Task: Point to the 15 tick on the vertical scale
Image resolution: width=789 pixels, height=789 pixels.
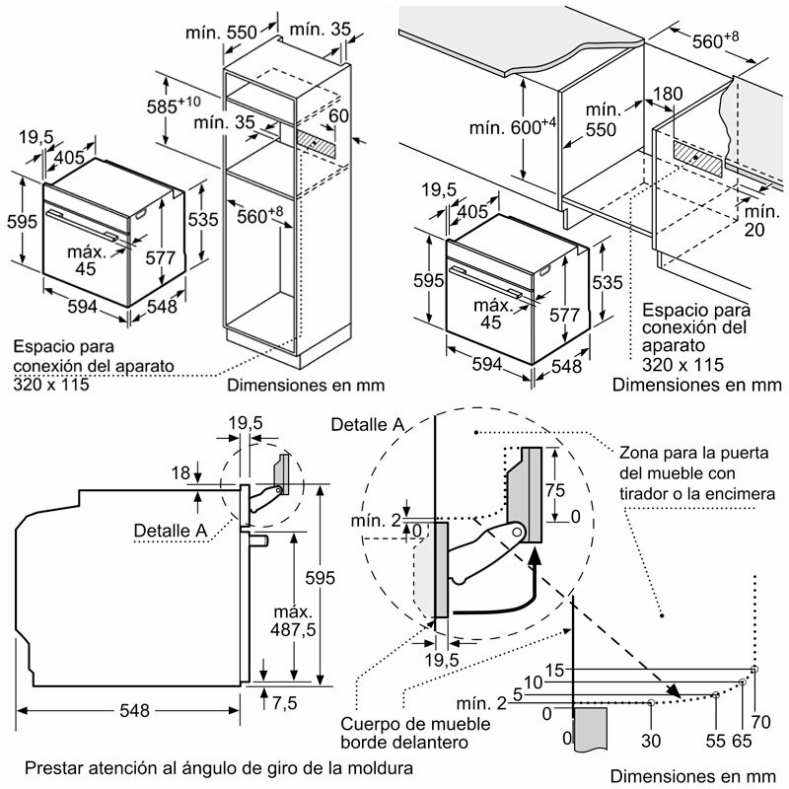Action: click(x=554, y=670)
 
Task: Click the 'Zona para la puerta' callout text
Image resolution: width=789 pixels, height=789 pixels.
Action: click(x=696, y=474)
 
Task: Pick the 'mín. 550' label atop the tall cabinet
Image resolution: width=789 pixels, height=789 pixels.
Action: click(x=219, y=32)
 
